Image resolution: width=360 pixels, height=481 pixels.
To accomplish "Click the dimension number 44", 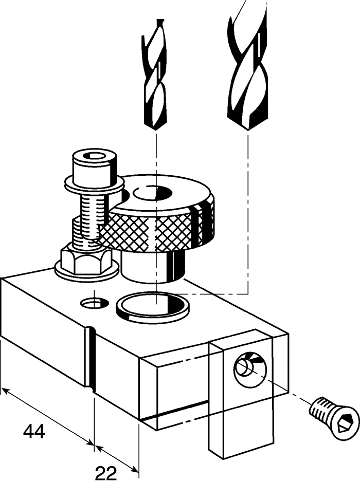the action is pyautogui.click(x=34, y=431).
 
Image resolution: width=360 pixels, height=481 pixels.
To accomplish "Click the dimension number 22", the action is pyautogui.click(x=106, y=473).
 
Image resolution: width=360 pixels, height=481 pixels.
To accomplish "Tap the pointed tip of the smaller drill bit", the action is pyautogui.click(x=156, y=131).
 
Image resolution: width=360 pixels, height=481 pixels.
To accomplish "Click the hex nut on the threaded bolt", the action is pyautogui.click(x=85, y=260).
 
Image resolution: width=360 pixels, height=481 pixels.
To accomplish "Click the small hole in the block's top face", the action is pyautogui.click(x=95, y=303).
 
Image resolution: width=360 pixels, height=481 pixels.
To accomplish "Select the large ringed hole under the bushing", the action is pyautogui.click(x=153, y=305).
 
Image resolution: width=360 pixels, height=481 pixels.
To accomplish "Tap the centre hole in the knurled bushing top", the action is pyautogui.click(x=152, y=193).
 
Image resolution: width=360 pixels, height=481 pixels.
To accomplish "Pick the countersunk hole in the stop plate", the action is pyautogui.click(x=250, y=367).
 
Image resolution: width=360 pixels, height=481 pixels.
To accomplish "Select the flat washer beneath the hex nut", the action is pyautogui.click(x=86, y=269).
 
